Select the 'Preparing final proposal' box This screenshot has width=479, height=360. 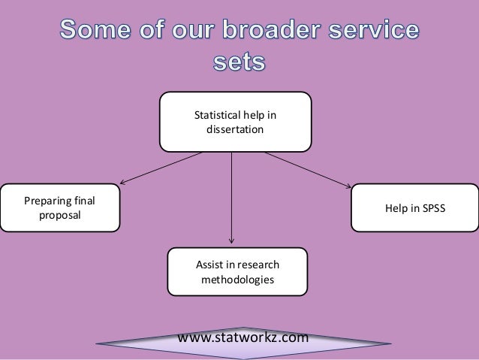[x=60, y=208]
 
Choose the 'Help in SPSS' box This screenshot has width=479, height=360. [x=414, y=208]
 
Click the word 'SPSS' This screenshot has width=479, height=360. [x=432, y=208]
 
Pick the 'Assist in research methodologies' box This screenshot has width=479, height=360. [x=237, y=272]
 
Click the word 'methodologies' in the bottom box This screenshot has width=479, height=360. [x=237, y=280]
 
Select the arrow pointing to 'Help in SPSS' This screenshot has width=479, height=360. [x=308, y=168]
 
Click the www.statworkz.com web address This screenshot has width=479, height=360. [x=243, y=337]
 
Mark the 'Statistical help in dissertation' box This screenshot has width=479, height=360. [x=235, y=122]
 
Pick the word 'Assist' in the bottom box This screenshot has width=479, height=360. [x=209, y=265]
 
